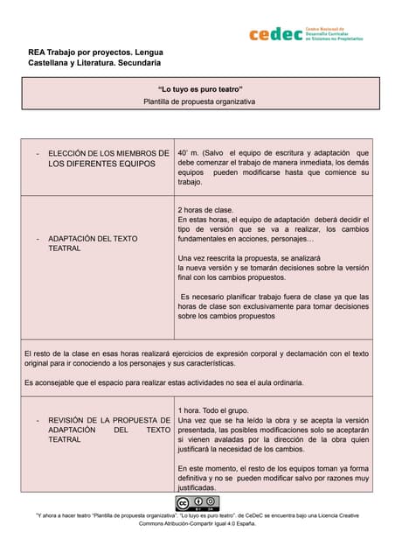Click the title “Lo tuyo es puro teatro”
pos(199,90)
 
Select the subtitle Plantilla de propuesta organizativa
pos(199,101)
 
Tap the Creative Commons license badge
pos(197,503)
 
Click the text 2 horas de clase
pos(205,210)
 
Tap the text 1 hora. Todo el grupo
pos(213,409)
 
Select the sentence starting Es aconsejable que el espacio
pos(164,382)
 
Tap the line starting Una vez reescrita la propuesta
pos(245,258)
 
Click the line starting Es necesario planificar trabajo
pos(274,297)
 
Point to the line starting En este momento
pos(273,469)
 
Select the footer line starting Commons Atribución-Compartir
pos(197,523)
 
